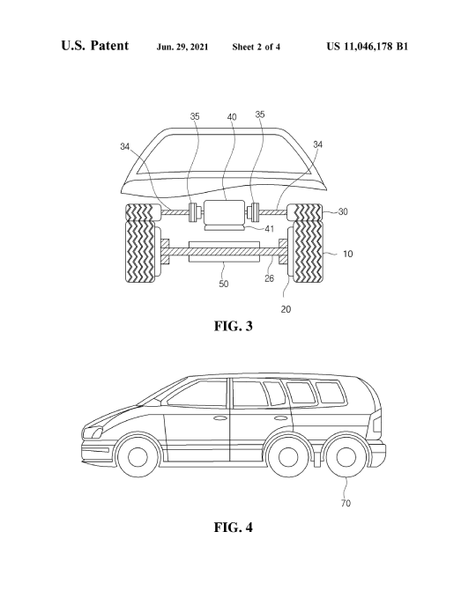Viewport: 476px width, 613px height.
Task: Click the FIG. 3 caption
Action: coord(233,326)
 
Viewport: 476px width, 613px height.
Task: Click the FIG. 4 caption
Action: coord(233,527)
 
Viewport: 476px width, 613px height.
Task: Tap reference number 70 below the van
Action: coord(346,503)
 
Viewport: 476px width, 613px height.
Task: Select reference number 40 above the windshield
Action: coord(232,116)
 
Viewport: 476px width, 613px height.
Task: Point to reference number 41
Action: coord(270,229)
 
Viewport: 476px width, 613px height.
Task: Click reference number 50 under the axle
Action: coord(223,284)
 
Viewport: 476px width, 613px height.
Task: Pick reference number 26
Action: coord(269,278)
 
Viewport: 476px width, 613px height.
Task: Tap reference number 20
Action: coord(286,309)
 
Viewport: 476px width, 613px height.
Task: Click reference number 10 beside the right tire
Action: coord(347,254)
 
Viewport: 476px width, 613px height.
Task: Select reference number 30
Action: coord(343,211)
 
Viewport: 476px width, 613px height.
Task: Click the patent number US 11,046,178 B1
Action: coord(368,47)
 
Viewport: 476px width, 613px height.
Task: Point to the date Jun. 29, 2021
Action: coord(182,47)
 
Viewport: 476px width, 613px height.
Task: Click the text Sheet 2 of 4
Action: coord(257,47)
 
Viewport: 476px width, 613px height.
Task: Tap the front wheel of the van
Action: coord(138,456)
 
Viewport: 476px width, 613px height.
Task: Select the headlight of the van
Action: coord(93,432)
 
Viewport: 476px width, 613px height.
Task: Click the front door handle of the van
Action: coord(219,418)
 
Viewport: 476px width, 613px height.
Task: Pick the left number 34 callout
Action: coord(125,146)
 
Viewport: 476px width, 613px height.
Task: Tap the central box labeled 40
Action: coord(224,212)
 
